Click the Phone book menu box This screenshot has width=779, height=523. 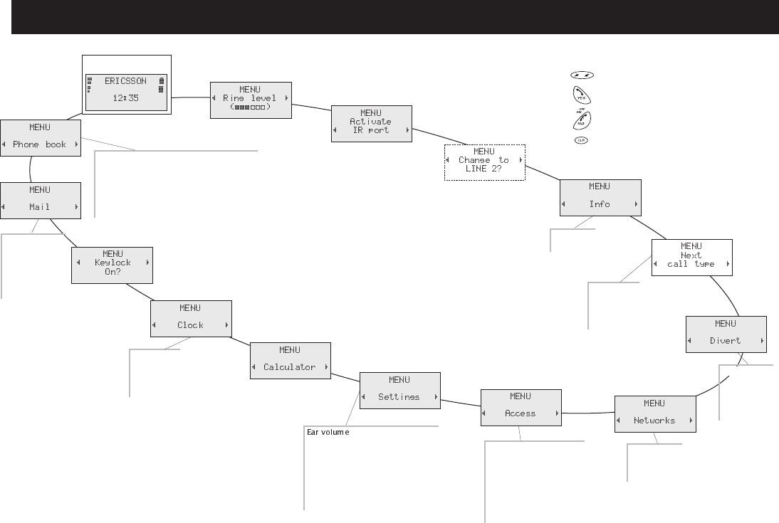40,137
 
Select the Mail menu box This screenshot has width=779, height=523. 40,199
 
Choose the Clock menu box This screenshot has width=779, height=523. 191,317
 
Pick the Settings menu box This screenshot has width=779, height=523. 400,389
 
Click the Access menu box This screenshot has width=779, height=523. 521,406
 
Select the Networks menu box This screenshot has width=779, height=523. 654,413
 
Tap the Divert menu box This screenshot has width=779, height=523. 726,333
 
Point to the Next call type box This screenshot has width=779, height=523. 691,256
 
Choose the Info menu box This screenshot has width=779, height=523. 600,196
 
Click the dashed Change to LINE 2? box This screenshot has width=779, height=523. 484,162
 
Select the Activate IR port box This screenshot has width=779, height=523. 372,122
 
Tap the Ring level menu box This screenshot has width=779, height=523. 251,99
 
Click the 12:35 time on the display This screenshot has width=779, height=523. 127,100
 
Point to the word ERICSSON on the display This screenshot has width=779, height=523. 127,81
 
